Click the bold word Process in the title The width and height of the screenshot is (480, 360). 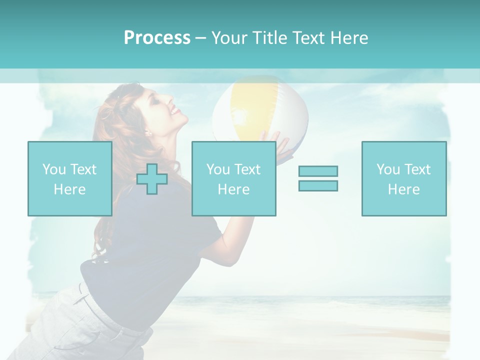[157, 38]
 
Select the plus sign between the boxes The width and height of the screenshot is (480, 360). [152, 179]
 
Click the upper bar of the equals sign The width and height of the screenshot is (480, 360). [318, 171]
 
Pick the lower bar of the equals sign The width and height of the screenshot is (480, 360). [318, 185]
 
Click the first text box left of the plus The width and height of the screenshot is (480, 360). [69, 178]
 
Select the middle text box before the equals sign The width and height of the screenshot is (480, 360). [233, 178]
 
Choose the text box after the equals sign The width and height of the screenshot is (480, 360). [403, 178]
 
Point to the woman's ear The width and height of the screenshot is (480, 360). [147, 132]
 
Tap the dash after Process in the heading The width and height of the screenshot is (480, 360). [201, 38]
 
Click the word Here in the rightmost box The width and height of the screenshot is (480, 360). [403, 189]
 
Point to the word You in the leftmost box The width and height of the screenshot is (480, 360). [54, 169]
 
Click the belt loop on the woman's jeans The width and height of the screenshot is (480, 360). [81, 295]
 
